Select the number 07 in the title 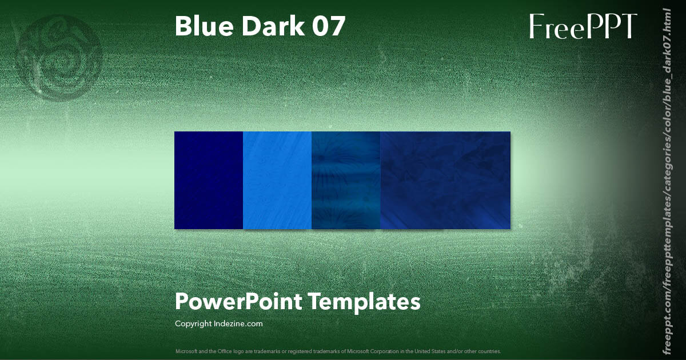click(329, 26)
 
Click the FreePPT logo click(583, 27)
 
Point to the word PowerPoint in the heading click(238, 302)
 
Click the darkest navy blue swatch click(209, 180)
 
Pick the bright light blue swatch click(277, 180)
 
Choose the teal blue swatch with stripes click(346, 180)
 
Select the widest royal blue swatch click(445, 180)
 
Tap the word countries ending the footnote click(490, 351)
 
